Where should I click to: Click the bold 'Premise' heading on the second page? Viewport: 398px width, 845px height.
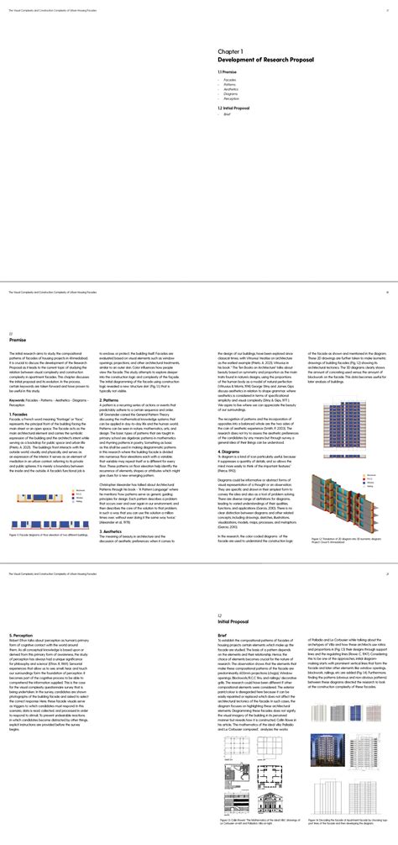coord(18,339)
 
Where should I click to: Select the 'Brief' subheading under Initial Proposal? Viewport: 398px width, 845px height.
coord(222,634)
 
